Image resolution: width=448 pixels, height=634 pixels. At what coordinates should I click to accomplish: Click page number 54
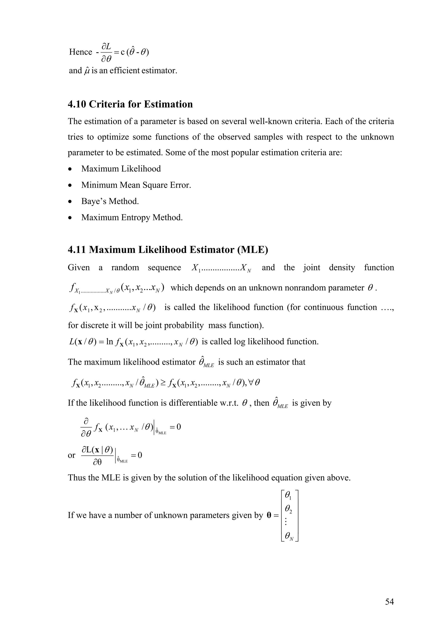(x=389, y=601)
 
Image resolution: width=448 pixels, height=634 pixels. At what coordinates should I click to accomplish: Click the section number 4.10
(x=77, y=104)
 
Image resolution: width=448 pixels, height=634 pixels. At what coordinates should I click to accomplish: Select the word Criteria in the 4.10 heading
(x=107, y=104)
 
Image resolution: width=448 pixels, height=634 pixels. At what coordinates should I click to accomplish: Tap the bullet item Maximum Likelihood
(x=121, y=169)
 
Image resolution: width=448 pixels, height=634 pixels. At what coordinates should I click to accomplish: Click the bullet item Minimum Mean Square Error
(x=136, y=185)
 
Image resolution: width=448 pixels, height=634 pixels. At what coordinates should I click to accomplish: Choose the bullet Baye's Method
(x=110, y=201)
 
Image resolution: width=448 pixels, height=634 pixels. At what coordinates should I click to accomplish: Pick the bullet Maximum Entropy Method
(x=132, y=218)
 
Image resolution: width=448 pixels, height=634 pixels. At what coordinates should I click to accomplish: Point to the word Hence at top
(x=80, y=52)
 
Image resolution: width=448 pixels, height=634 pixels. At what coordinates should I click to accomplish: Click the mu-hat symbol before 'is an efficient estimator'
(x=87, y=71)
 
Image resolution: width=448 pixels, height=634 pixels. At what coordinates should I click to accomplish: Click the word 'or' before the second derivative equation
(x=72, y=455)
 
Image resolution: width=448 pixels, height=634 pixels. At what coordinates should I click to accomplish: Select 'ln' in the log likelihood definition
(x=110, y=342)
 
